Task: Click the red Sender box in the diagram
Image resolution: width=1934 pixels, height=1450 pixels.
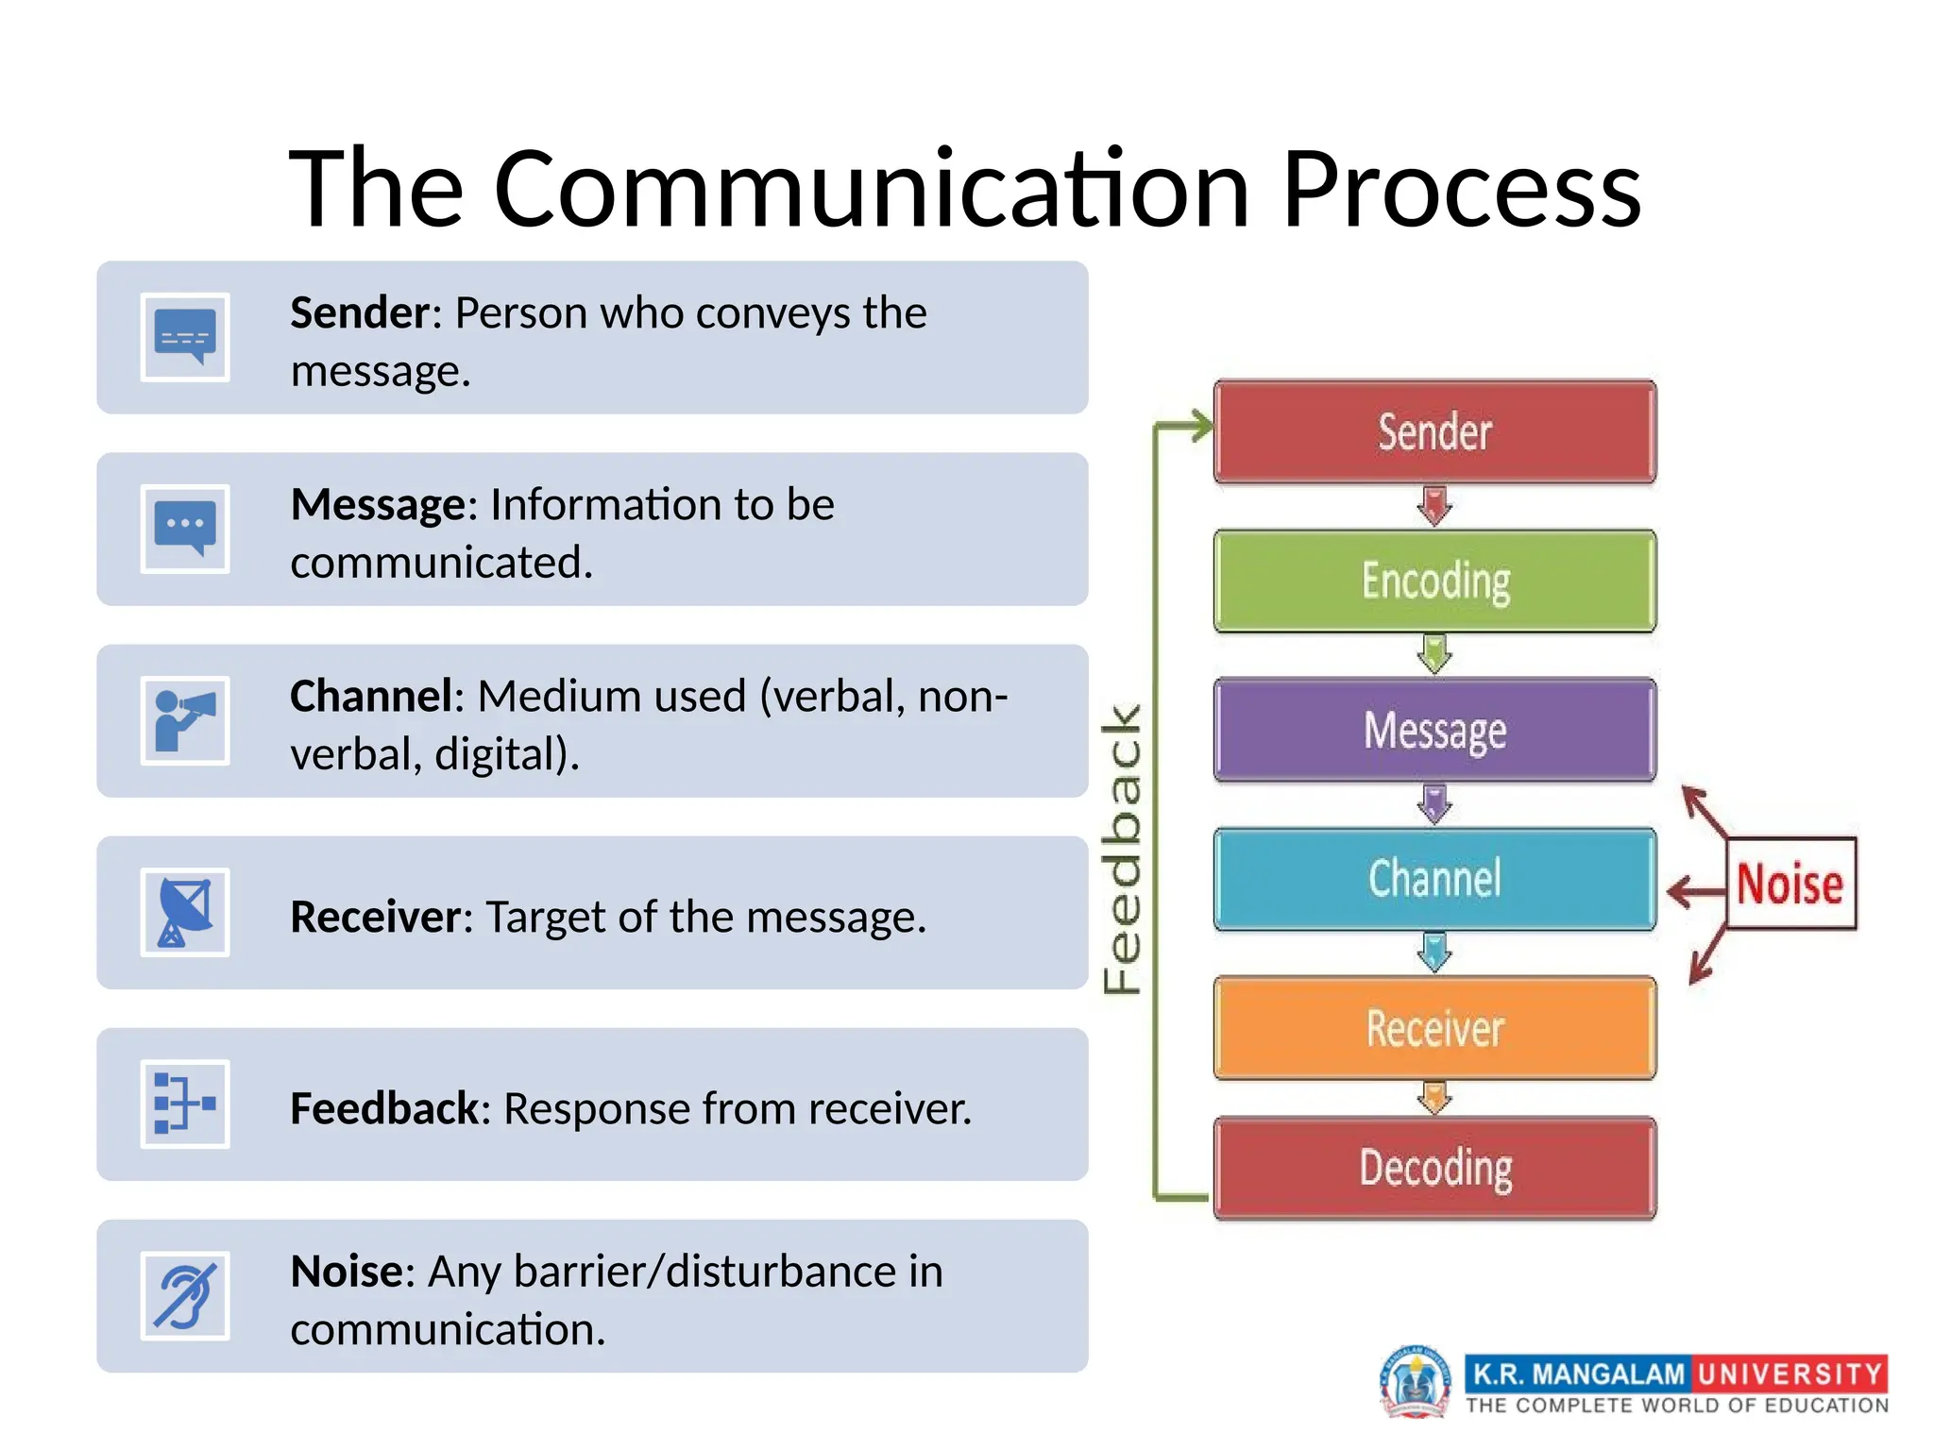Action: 1434,432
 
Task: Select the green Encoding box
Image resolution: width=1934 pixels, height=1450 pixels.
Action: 1434,581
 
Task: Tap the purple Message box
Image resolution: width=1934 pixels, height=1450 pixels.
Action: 1434,730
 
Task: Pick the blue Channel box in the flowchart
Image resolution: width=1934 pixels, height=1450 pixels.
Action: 1434,879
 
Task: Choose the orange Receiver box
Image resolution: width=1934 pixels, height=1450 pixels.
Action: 1434,1028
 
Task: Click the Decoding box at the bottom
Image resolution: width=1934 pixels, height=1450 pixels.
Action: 1434,1169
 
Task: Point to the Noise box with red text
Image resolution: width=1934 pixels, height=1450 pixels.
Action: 1790,885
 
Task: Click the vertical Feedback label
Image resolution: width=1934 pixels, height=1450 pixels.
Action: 1123,850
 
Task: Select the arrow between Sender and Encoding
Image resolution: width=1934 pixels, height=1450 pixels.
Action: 1434,506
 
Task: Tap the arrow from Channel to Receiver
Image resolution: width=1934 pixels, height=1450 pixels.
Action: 1434,953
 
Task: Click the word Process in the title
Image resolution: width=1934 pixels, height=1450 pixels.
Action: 1461,189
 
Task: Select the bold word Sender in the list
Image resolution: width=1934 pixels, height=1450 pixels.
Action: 360,312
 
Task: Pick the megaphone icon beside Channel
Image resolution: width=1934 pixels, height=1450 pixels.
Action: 185,721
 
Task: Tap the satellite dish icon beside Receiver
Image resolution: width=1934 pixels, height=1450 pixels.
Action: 185,913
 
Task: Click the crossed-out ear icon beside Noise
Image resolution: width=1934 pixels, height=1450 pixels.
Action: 185,1296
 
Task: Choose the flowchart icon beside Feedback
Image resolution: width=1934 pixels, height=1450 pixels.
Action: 185,1104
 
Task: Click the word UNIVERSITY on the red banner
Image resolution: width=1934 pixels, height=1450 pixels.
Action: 1790,1374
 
